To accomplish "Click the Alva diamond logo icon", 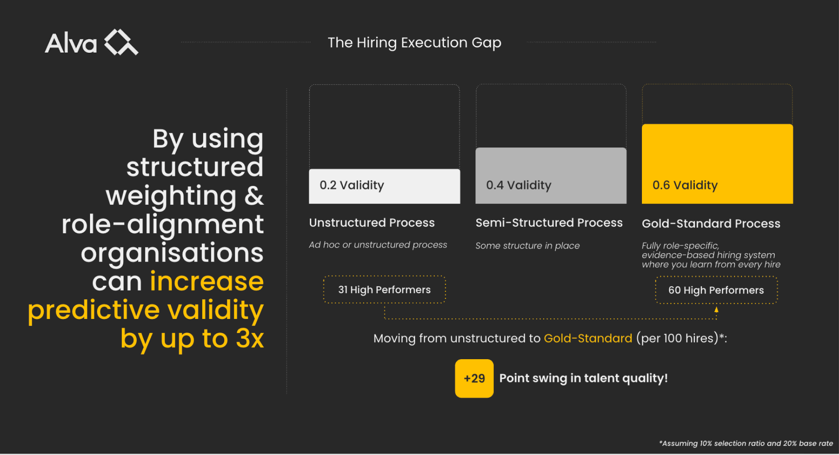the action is coord(121,42).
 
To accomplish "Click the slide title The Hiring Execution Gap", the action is coord(414,43).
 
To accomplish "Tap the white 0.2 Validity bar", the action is coord(385,186).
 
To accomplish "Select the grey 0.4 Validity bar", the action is coord(551,175).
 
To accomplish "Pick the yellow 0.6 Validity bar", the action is coord(718,164).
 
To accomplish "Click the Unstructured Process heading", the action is coord(372,223).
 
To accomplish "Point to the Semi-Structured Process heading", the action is coord(549,223).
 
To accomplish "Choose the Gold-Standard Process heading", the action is coord(711,224).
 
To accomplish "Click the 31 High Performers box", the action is coord(385,290).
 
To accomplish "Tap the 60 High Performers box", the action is coord(716,290).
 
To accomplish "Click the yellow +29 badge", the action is coord(474,378).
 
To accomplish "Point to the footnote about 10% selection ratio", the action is coord(746,443).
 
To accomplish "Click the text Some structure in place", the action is coord(527,246).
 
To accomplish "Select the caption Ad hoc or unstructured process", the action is coord(378,245).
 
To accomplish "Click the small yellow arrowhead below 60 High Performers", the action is coord(716,309).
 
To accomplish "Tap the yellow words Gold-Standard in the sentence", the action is coord(588,338).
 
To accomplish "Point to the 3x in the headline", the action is coord(250,338).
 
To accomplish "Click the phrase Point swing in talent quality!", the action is coord(583,378).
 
